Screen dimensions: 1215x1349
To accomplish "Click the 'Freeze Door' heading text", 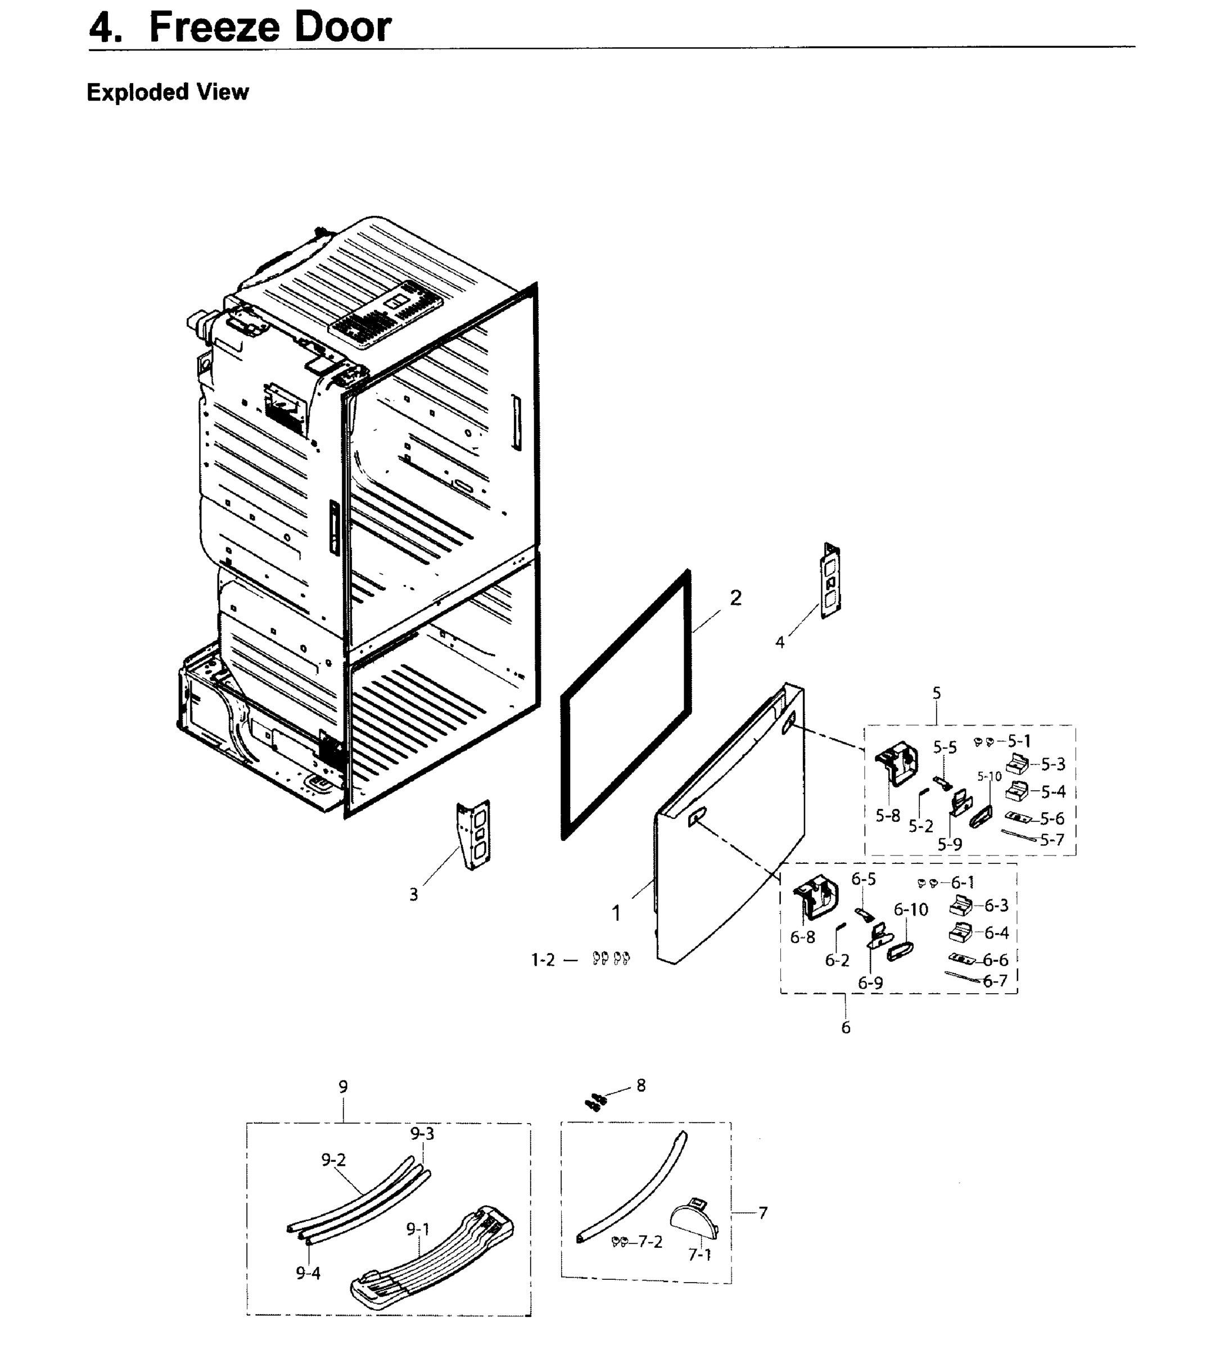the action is (x=270, y=28).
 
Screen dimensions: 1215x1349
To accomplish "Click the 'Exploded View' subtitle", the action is (x=168, y=92).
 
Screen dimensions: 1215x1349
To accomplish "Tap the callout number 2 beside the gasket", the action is (x=735, y=598).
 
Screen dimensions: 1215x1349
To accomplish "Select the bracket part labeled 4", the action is (x=830, y=580).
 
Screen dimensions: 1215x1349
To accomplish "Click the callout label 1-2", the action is (x=543, y=961).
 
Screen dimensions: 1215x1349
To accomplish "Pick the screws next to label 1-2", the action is (x=611, y=958).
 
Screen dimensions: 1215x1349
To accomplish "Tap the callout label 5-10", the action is (x=990, y=776).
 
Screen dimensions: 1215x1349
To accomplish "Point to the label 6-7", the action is (x=995, y=980).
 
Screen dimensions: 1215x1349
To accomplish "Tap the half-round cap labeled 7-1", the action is (x=694, y=1216).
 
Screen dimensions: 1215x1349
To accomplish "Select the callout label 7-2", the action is (x=649, y=1242).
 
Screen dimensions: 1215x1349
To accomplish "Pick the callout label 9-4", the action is (x=309, y=1274).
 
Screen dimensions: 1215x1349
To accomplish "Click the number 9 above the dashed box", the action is (x=343, y=1087).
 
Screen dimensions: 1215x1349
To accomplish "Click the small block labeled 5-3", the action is (x=1018, y=762).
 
